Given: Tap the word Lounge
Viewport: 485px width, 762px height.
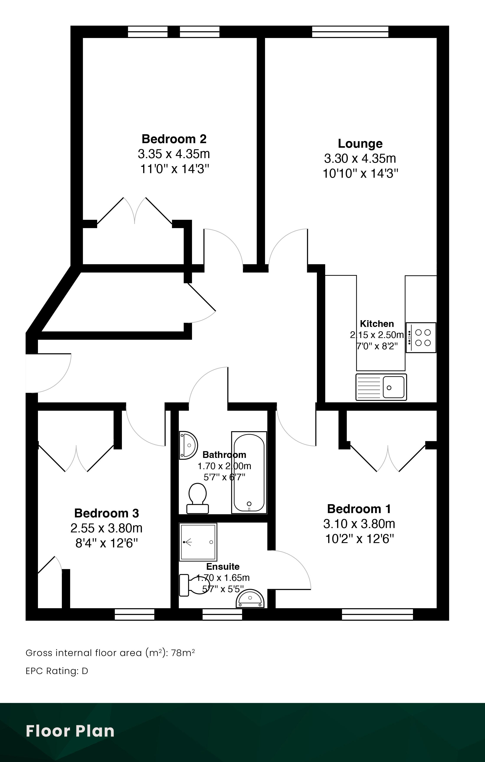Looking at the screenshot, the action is tap(360, 144).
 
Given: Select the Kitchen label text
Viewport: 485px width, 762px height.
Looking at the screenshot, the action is tap(377, 324).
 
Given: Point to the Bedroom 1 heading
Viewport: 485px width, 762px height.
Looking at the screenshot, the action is tap(359, 509).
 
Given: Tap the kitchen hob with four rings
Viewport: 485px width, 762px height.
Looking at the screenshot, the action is tap(421, 338).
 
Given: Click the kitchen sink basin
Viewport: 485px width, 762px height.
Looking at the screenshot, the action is tap(393, 387).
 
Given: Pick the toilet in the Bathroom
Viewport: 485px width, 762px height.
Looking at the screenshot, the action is tap(197, 498).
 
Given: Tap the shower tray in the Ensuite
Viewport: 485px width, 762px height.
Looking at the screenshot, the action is tap(198, 542).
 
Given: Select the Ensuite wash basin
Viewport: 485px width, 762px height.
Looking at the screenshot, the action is tap(250, 599).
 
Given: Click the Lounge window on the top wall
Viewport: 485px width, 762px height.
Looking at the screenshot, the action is tap(350, 32).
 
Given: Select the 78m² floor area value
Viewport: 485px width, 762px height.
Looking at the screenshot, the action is tap(183, 653).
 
